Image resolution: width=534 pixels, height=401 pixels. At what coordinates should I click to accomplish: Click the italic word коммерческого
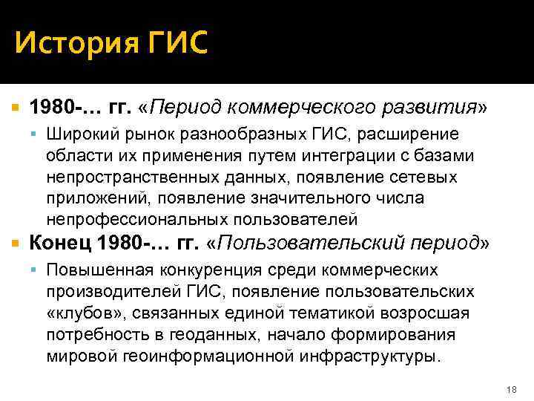pos(282,109)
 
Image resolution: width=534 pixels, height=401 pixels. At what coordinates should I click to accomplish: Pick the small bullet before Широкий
pos(36,135)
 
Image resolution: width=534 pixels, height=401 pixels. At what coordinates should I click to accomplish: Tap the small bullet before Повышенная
pos(36,270)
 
